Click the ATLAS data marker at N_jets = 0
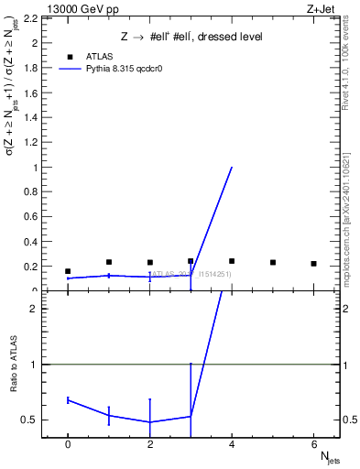pyautogui.click(x=68, y=271)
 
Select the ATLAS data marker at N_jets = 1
pyautogui.click(x=109, y=262)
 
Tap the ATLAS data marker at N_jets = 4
pyautogui.click(x=232, y=261)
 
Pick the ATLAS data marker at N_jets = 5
pyautogui.click(x=273, y=262)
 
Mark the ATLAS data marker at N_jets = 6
pyautogui.click(x=313, y=264)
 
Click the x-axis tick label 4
pyautogui.click(x=232, y=444)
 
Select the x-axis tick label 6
pyautogui.click(x=313, y=444)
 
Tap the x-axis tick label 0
pyautogui.click(x=68, y=444)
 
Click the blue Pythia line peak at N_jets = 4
pyautogui.click(x=232, y=168)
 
